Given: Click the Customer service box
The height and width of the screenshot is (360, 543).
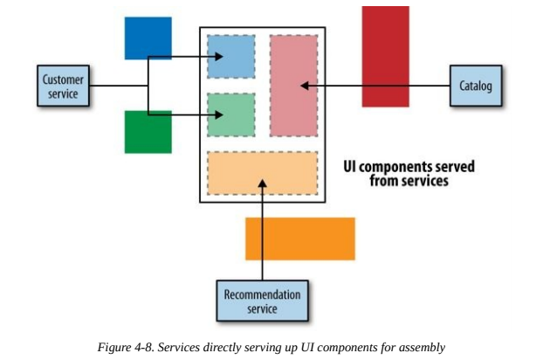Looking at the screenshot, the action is coord(63,86).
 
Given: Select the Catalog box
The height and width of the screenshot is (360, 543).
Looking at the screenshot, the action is coord(476,86).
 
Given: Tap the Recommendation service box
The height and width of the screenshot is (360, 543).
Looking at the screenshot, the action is coord(263,301).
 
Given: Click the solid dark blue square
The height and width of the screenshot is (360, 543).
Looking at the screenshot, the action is coord(148,38).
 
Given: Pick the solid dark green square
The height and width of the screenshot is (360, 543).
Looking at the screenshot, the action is coord(148,132).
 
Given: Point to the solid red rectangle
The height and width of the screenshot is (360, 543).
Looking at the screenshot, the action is coord(386,57).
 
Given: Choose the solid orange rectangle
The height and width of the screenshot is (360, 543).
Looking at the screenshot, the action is coord(300,239).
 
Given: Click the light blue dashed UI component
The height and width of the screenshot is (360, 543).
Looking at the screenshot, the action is coord(231,57).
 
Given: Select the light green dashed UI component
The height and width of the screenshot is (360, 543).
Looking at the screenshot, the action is coord(231,115).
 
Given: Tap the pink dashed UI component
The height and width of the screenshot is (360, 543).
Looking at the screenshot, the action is coord(294,86).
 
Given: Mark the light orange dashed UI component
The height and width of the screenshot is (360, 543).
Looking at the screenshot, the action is coord(263,173).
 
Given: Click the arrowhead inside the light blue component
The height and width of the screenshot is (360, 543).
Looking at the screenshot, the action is coord(219,57).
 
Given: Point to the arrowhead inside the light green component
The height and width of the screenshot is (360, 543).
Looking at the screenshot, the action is coord(219,114).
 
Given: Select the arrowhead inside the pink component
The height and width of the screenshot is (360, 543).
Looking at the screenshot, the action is coord(305,86).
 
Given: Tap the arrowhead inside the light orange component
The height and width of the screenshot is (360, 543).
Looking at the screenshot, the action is coord(263,183).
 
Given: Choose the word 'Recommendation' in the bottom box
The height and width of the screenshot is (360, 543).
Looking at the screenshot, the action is coord(262,294).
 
